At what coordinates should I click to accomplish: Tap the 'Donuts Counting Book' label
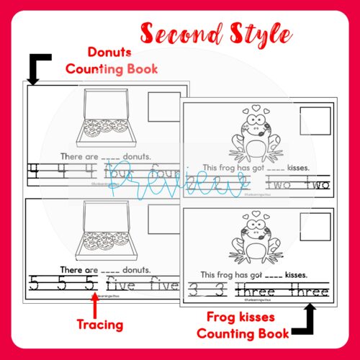112,60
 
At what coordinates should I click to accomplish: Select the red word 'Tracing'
100,325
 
